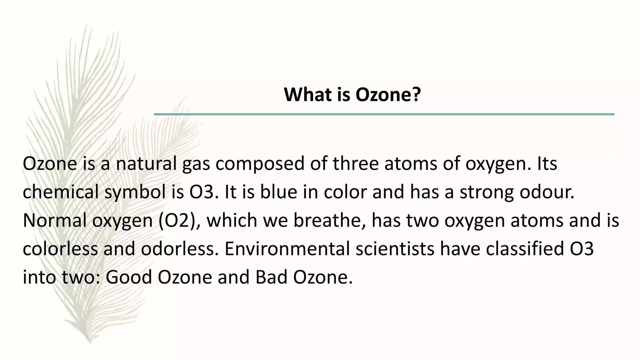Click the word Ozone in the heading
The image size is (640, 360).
click(x=382, y=95)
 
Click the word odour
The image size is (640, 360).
click(x=547, y=192)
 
